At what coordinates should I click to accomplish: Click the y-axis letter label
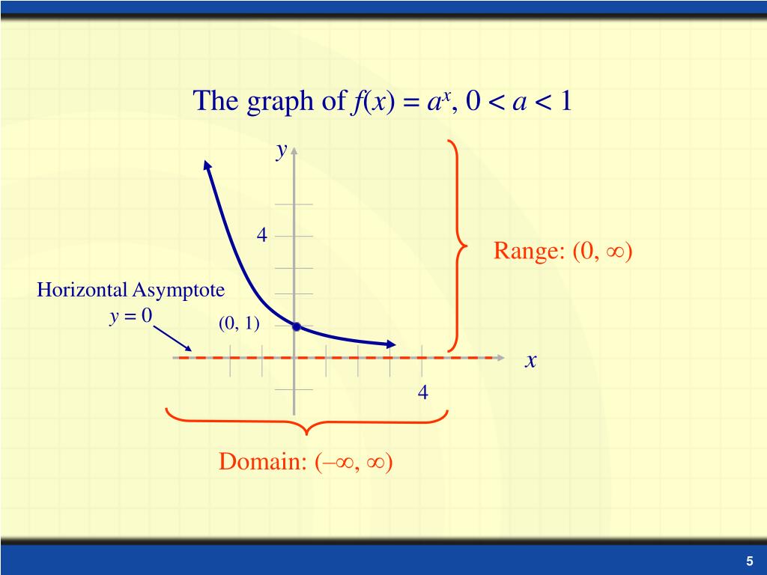(281, 152)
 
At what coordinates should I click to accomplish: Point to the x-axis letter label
(531, 361)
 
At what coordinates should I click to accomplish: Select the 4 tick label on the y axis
(261, 235)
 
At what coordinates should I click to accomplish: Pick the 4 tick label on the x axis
(423, 392)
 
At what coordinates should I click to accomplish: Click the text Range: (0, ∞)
(563, 252)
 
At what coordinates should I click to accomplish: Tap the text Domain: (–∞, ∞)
(306, 462)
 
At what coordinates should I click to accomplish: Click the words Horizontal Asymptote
(131, 289)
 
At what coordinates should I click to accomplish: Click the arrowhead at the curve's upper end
(207, 166)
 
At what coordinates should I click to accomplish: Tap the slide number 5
(748, 562)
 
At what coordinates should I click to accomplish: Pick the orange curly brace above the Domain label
(306, 420)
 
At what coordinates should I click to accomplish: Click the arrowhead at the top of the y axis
(294, 150)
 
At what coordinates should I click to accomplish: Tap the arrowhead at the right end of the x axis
(500, 358)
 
